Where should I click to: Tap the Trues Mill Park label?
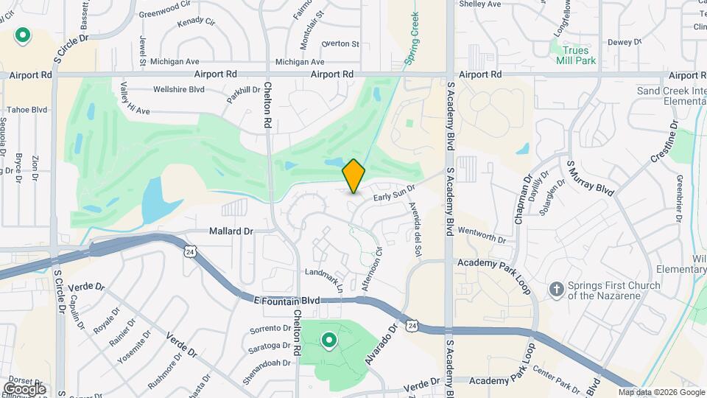(x=574, y=55)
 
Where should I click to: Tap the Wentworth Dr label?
(x=482, y=235)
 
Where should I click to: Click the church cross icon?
(x=557, y=289)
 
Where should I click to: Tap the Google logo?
(x=24, y=388)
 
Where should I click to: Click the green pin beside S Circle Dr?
(x=23, y=35)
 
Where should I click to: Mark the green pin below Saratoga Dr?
(x=328, y=341)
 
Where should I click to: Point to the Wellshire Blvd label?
(x=178, y=90)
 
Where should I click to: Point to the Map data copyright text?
(x=661, y=392)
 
